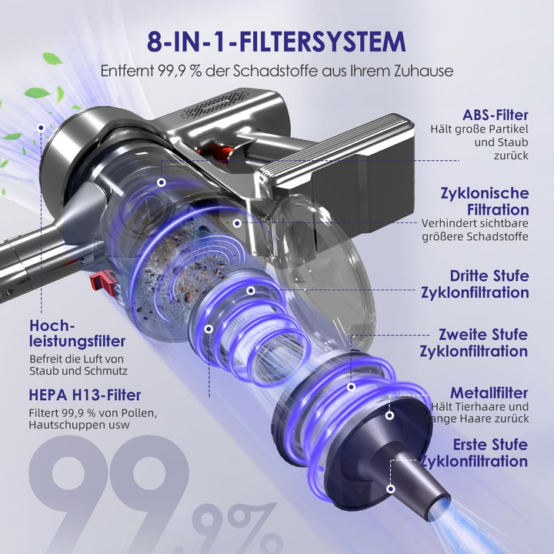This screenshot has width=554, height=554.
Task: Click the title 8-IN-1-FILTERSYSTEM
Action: pyautogui.click(x=276, y=42)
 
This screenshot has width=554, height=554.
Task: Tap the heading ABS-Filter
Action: pyautogui.click(x=496, y=115)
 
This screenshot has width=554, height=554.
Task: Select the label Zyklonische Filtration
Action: pyautogui.click(x=485, y=202)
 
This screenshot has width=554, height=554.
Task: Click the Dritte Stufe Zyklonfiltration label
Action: pyautogui.click(x=475, y=285)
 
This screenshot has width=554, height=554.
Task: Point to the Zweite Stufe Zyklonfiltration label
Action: pyautogui.click(x=474, y=342)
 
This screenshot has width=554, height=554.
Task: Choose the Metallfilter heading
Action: pyautogui.click(x=489, y=393)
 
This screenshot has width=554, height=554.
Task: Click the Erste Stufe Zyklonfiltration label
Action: pyautogui.click(x=474, y=453)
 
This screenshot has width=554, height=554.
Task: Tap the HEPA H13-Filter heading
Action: pyautogui.click(x=85, y=395)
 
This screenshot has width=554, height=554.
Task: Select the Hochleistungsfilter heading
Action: pyautogui.click(x=78, y=333)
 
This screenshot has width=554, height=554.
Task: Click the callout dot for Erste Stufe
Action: pyautogui.click(x=390, y=489)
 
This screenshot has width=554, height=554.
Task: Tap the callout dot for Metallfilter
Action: pyautogui.click(x=389, y=415)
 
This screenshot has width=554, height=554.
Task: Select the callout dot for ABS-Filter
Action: pyautogui.click(x=162, y=182)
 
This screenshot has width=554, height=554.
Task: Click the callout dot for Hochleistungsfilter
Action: pyautogui.click(x=41, y=128)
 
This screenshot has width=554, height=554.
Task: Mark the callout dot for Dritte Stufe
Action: pyautogui.click(x=251, y=291)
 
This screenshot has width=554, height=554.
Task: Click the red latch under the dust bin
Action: pyautogui.click(x=103, y=282)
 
